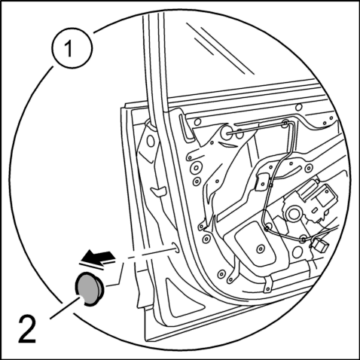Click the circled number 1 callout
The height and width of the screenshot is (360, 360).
pyautogui.click(x=72, y=47)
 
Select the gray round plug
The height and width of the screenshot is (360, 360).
pyautogui.click(x=89, y=288)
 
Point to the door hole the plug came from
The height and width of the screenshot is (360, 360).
pyautogui.click(x=175, y=248)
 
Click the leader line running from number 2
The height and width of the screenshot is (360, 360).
pyautogui.click(x=65, y=307)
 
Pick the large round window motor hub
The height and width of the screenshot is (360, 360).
pyautogui.click(x=293, y=214)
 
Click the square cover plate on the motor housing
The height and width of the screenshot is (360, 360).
pyautogui.click(x=323, y=197)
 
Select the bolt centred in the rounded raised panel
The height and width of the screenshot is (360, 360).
pyautogui.click(x=261, y=249)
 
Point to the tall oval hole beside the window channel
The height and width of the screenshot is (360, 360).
pyautogui.click(x=151, y=142)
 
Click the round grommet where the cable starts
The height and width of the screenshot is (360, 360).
pyautogui.click(x=227, y=133)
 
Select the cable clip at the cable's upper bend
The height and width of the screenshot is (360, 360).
pyautogui.click(x=285, y=123)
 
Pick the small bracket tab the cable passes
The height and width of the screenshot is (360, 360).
pyautogui.click(x=262, y=182)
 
